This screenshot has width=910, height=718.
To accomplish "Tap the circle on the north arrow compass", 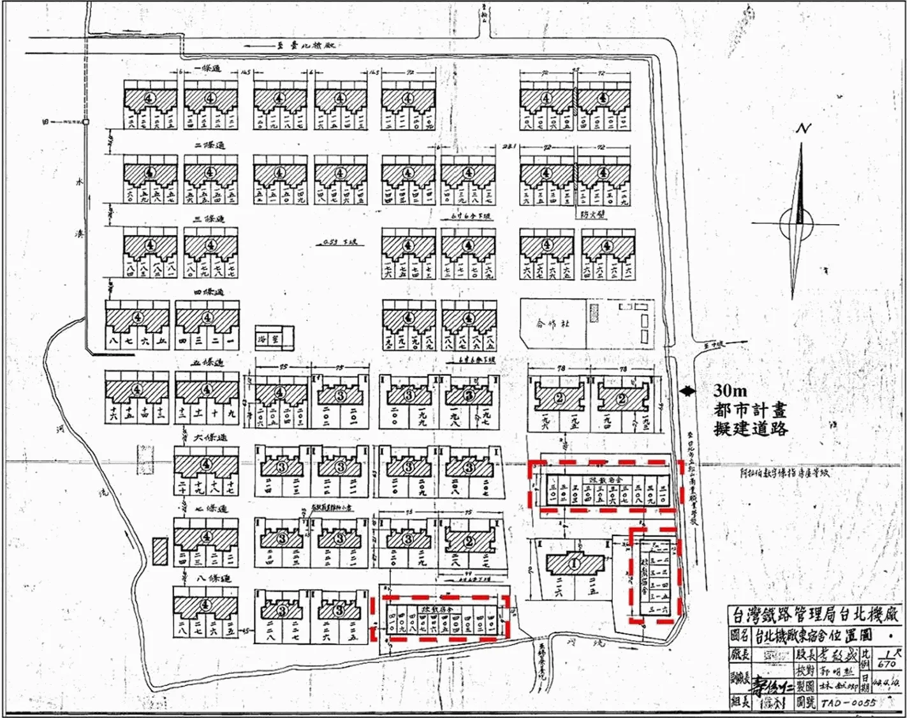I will pos(796,223).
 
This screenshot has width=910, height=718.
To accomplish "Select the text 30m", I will pos(730,391).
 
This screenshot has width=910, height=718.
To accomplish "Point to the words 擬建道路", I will pos(751,429).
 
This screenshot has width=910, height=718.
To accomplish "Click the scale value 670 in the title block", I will pos(887,664).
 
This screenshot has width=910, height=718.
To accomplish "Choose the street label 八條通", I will pos(214,579).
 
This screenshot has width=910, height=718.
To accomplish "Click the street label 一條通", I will pos(207,68).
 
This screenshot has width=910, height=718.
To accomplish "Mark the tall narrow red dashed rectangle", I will pos(654,574).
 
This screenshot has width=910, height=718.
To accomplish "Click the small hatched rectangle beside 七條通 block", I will pos(161,550).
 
